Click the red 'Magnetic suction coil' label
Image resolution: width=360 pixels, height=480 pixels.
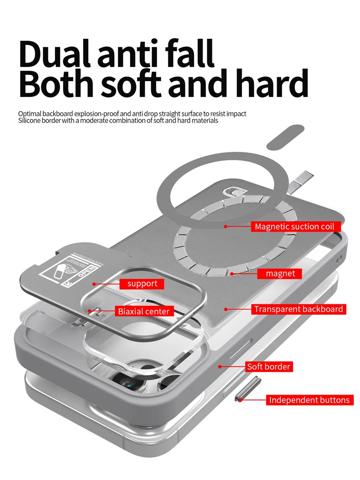coord(294,226)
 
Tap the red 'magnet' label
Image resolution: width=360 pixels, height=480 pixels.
coord(280,274)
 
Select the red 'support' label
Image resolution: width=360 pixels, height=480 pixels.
coord(142,284)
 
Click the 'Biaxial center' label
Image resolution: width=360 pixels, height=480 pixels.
coord(144,311)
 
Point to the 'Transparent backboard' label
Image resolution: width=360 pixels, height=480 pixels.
coord(298,309)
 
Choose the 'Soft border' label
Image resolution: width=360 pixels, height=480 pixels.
coord(269,367)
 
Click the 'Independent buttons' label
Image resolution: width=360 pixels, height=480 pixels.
coord(309,400)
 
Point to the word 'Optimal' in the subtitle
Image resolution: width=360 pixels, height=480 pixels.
coord(30,114)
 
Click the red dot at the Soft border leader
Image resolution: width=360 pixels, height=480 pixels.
coord(220,367)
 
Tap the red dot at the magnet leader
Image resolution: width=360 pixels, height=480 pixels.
coord(232,273)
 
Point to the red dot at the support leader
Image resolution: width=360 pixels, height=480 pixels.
coord(94,284)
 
